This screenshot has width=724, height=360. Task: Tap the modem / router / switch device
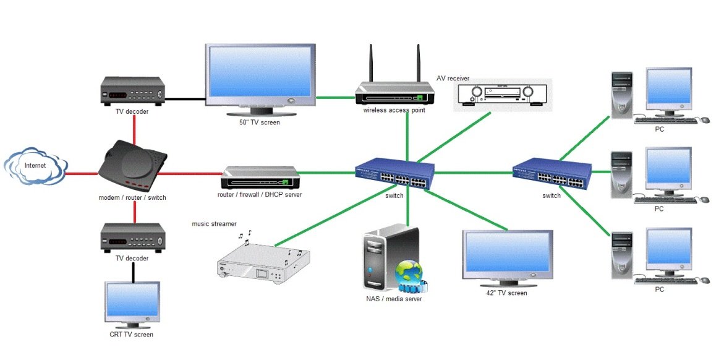coord(133,166)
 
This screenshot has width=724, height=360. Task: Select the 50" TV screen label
coord(260,122)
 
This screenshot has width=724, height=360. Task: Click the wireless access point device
coord(394,95)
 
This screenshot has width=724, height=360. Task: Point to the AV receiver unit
coord(503,94)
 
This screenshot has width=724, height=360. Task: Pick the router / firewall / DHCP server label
coord(260,195)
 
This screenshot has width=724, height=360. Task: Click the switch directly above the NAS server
coord(394,174)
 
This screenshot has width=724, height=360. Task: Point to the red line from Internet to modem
coord(82,174)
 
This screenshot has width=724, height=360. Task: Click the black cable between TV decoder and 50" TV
coord(185,98)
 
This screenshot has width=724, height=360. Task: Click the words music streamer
coord(214,223)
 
